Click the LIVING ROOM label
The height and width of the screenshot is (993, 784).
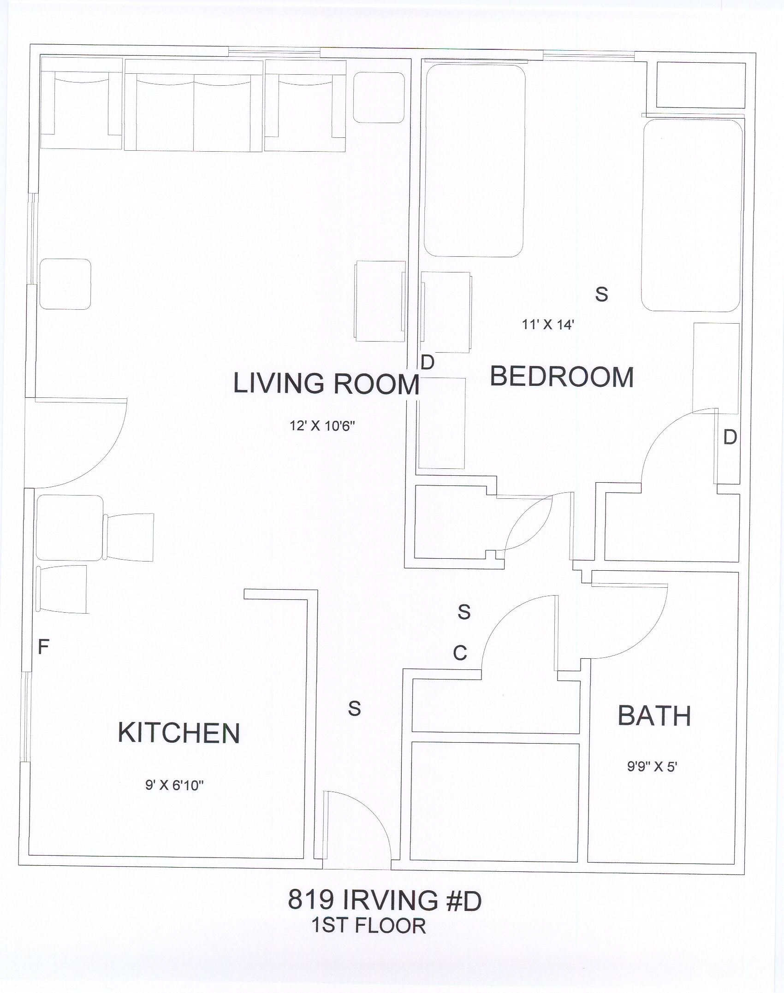point(326,383)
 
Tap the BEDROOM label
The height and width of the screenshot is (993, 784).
point(562,377)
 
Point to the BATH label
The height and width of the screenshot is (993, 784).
point(654,716)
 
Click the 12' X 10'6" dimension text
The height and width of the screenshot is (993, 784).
point(322,426)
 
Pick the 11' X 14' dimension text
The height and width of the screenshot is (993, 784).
point(548,325)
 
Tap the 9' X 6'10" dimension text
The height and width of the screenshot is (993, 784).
point(175,785)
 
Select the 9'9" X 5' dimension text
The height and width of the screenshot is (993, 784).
point(652,767)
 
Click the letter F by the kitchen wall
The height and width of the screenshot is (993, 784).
point(43,647)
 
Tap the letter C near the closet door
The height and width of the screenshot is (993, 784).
point(460,653)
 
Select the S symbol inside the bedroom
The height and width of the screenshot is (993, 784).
point(601,294)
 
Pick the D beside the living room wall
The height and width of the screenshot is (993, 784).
point(428,362)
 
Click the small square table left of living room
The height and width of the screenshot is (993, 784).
point(65,284)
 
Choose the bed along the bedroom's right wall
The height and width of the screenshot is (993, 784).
point(692,215)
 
